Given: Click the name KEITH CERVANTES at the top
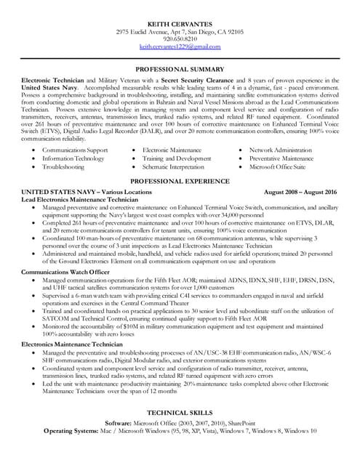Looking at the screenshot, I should (x=179, y=24).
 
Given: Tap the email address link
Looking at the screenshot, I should (x=179, y=46).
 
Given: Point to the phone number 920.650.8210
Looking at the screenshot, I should (x=179, y=39).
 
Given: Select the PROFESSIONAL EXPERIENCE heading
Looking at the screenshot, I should (x=179, y=181).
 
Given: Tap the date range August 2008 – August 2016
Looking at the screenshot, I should (x=300, y=191).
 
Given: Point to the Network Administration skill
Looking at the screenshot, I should (x=280, y=149).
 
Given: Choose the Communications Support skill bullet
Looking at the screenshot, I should (x=75, y=149).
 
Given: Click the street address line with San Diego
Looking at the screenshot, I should (x=179, y=32).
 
